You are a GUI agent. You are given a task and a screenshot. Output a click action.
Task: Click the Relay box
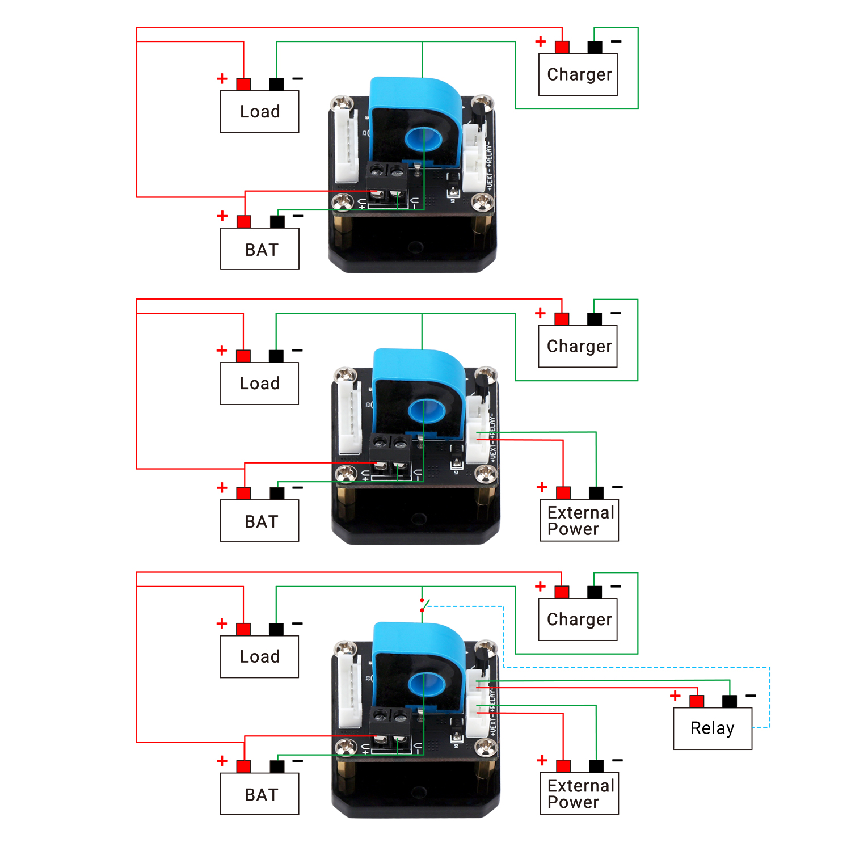pos(713,728)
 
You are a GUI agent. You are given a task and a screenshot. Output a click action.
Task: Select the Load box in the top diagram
pos(259,112)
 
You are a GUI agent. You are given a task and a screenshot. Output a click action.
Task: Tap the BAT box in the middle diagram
pos(259,521)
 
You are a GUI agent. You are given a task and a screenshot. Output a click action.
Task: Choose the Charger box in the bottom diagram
pos(578,620)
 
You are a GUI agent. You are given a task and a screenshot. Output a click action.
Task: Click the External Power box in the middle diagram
pos(579,520)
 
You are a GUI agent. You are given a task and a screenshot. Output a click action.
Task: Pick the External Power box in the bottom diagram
pos(579,794)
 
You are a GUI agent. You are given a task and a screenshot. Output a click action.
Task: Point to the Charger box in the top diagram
pos(578,74)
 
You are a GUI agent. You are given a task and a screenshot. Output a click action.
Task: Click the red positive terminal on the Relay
pos(697,701)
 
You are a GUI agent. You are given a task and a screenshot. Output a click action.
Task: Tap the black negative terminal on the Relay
pos(730,701)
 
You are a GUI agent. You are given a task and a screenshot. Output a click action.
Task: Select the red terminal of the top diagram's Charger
pos(562,47)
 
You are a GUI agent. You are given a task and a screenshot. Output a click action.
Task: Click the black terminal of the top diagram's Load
pos(276,85)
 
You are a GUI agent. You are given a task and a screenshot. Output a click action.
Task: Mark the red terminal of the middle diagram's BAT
pos(244,493)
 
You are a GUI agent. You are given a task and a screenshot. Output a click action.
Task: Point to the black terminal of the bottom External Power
pos(596,766)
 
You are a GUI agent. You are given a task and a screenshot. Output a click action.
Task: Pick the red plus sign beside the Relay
pos(675,696)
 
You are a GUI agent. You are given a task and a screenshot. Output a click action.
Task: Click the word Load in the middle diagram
pos(259,384)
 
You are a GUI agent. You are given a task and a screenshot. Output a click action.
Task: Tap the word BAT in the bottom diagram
pos(262,795)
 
